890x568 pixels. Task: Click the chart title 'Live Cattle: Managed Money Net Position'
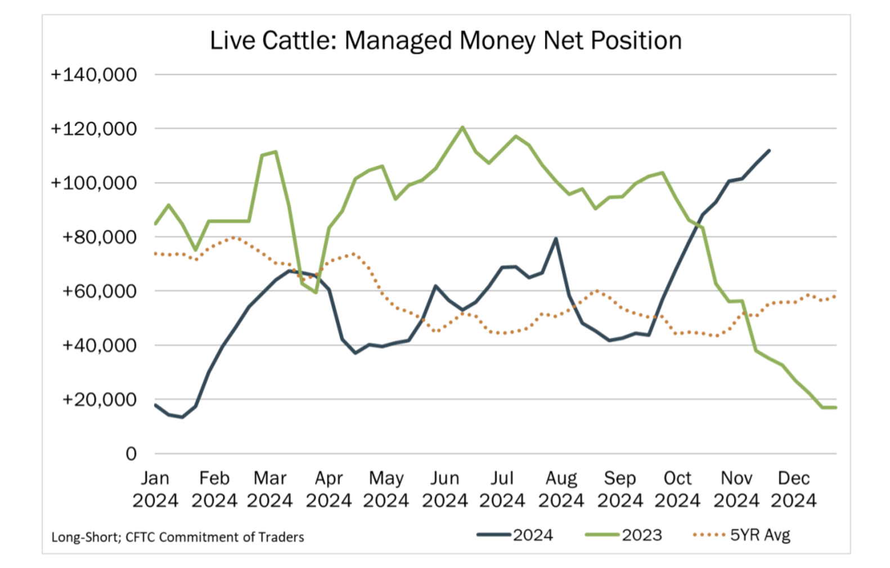(446, 41)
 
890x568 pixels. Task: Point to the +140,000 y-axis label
(94, 74)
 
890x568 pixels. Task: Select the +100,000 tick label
(94, 183)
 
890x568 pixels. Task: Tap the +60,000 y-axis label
(100, 291)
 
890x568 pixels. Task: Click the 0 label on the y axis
(131, 454)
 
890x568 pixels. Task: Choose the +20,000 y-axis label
(100, 400)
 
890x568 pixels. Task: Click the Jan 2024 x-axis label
(155, 489)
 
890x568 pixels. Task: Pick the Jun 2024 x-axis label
(444, 489)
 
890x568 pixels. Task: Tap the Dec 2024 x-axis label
(793, 489)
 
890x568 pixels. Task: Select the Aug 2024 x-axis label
(561, 489)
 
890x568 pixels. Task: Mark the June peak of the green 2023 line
(462, 127)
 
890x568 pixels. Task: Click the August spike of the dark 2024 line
(556, 238)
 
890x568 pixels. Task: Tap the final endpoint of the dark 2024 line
(769, 150)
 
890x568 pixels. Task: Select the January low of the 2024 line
(182, 417)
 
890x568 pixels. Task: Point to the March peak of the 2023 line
(275, 151)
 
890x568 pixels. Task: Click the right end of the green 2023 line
(836, 408)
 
